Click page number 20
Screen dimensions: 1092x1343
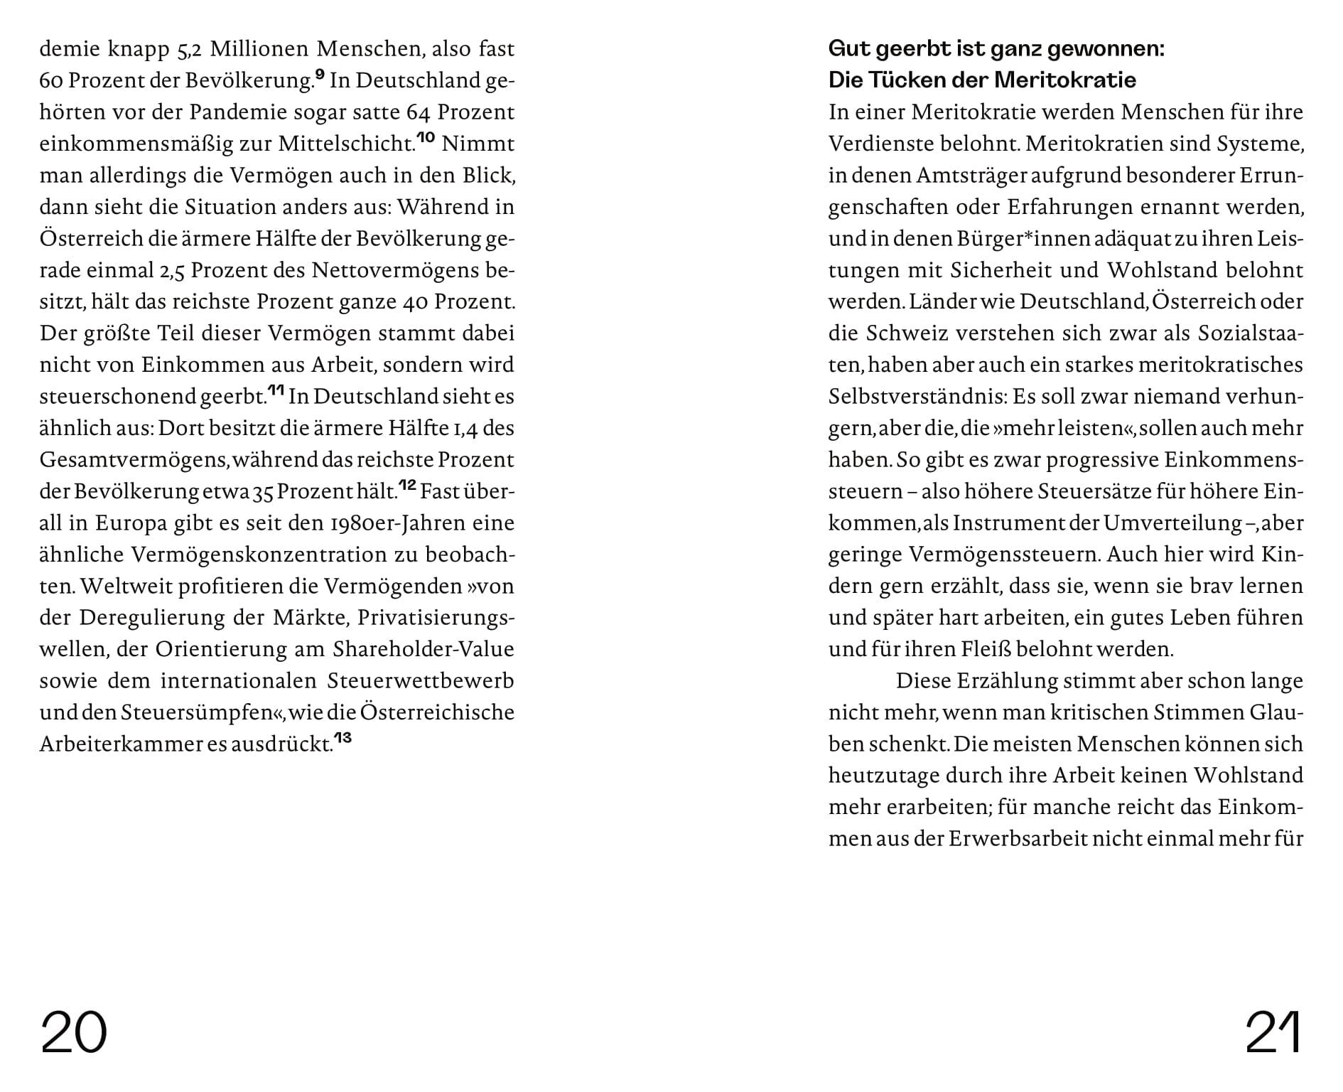[x=74, y=1032]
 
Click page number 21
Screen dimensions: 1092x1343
[x=1273, y=1032]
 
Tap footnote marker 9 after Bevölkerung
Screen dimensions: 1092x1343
[x=320, y=75]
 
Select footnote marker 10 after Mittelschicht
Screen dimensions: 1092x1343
[x=426, y=138]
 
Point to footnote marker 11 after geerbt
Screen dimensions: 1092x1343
[x=276, y=390]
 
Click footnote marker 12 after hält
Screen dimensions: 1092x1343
[x=407, y=485]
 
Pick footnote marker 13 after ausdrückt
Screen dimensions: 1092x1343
[x=343, y=738]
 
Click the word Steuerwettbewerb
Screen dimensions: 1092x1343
[x=421, y=681]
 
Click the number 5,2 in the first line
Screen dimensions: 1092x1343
[x=186, y=50]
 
